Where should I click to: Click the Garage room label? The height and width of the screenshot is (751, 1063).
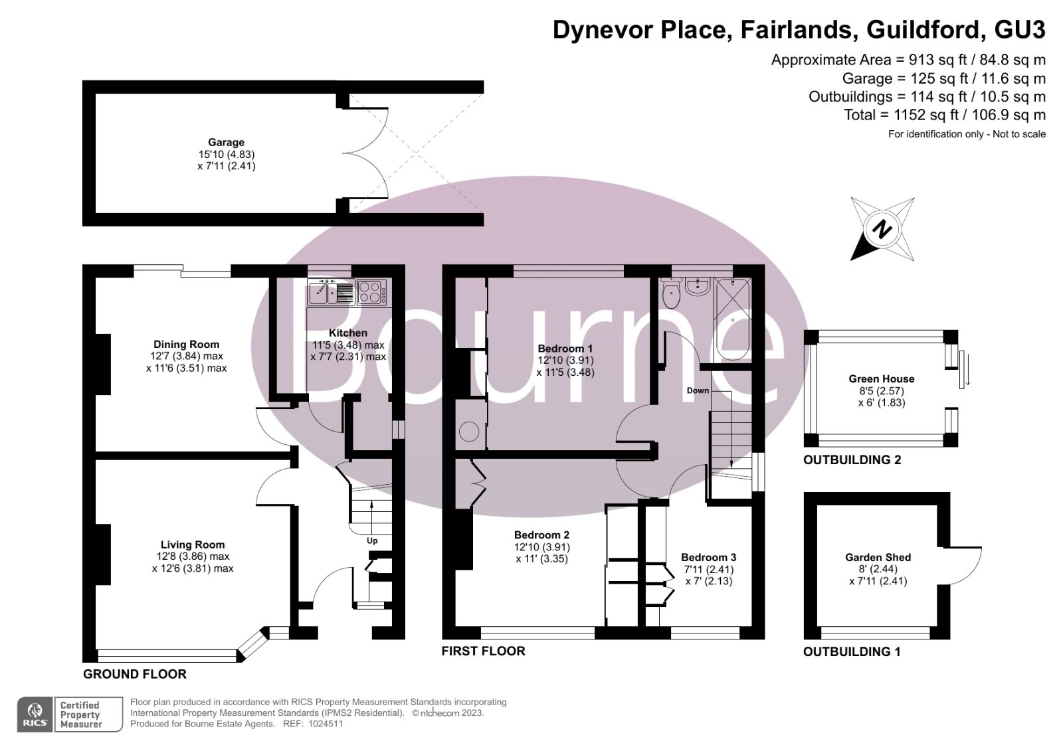(x=226, y=142)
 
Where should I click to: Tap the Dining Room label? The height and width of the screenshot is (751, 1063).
(x=186, y=344)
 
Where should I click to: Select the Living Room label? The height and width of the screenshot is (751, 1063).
(x=193, y=544)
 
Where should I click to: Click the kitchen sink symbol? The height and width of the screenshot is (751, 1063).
(x=331, y=292)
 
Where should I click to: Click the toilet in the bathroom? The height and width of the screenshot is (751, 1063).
(x=671, y=292)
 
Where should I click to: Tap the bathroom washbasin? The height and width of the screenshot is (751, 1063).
(x=698, y=287)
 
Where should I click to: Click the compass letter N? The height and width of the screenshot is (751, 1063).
(x=882, y=230)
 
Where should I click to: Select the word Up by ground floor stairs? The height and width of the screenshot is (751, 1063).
(x=372, y=541)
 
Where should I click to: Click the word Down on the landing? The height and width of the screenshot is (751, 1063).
(x=698, y=390)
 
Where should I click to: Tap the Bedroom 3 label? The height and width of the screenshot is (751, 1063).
(x=708, y=557)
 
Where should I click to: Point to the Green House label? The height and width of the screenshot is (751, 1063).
(x=881, y=378)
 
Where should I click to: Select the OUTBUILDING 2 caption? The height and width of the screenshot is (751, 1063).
(x=852, y=459)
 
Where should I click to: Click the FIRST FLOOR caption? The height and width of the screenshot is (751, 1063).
(x=483, y=651)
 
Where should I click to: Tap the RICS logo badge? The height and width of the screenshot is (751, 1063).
(x=35, y=714)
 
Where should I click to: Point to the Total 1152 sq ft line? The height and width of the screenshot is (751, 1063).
(x=944, y=115)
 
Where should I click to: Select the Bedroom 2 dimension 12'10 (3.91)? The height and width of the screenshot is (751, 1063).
(x=542, y=547)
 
